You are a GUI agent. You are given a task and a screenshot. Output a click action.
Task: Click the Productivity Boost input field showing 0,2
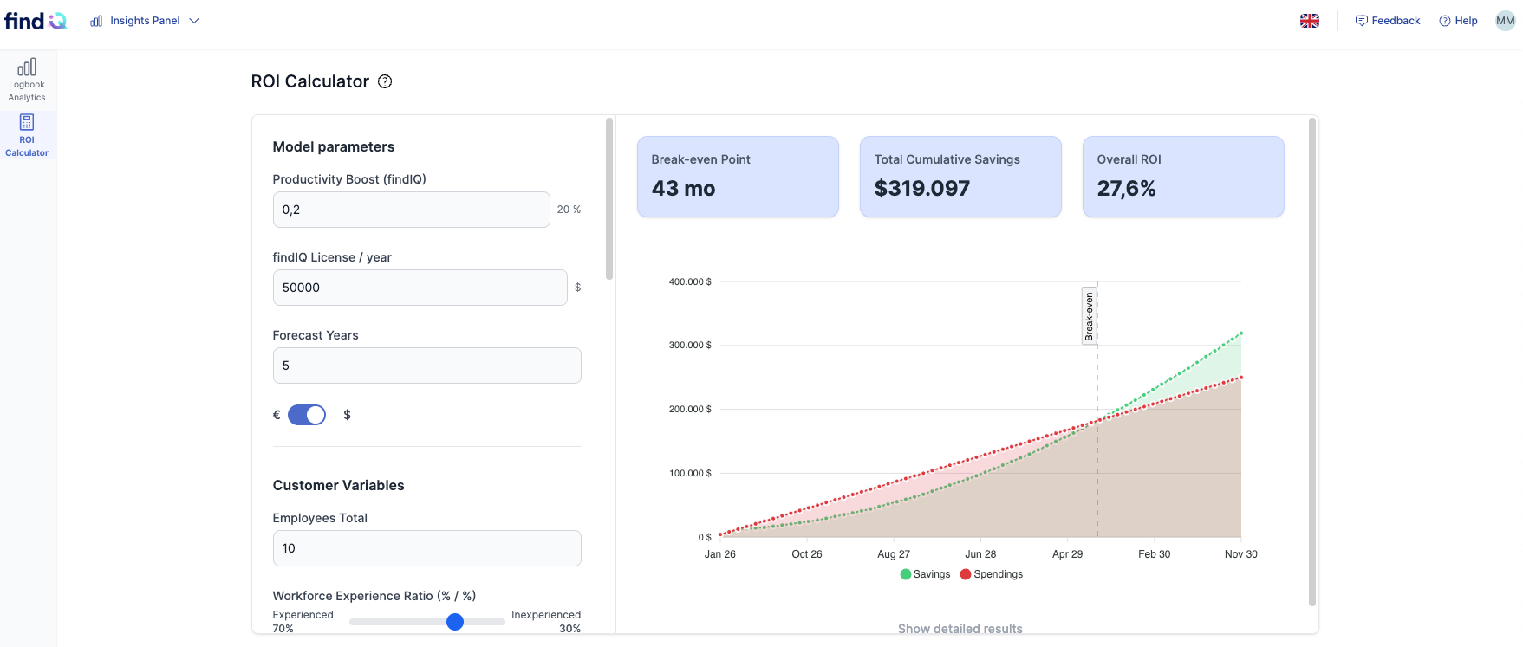point(411,210)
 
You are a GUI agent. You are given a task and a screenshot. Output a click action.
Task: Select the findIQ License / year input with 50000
point(420,288)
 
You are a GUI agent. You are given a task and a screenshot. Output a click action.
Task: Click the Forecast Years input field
point(426,366)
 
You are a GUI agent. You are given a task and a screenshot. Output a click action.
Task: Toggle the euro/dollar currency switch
point(307,415)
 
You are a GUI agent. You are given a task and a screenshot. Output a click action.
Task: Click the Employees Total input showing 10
point(426,548)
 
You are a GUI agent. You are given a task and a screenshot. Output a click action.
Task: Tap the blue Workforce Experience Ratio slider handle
point(455,622)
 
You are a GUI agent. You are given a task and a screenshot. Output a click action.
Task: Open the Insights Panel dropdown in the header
point(145,21)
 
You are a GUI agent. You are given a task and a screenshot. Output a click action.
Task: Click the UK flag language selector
point(1310,21)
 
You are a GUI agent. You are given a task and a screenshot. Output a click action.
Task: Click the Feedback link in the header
point(1388,21)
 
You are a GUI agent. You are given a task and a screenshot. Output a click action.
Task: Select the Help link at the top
point(1458,21)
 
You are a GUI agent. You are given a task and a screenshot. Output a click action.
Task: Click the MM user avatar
point(1506,21)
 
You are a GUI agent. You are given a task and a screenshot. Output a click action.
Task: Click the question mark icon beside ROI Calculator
point(385,81)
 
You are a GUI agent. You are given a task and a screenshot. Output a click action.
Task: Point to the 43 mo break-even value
point(684,189)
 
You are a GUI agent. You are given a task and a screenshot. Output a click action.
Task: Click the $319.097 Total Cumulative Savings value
point(922,189)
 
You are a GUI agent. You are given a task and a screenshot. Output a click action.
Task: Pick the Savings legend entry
point(925,574)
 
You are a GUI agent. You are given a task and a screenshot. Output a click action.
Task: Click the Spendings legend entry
point(992,574)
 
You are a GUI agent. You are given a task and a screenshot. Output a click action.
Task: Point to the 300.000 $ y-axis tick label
point(690,345)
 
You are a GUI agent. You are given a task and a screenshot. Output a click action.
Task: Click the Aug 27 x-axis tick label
point(894,554)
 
